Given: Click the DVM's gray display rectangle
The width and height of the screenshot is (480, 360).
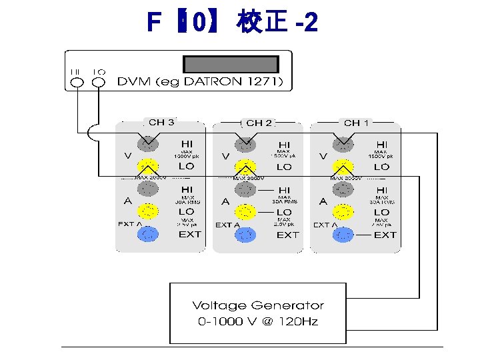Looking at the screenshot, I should (x=231, y=65).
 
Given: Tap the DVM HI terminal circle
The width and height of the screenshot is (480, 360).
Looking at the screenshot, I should (x=76, y=83).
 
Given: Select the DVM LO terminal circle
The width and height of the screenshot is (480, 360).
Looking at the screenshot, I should (x=99, y=83).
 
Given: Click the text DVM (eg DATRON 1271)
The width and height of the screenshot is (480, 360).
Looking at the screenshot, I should (x=201, y=83).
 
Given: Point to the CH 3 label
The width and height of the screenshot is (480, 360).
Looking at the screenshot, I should (x=161, y=122).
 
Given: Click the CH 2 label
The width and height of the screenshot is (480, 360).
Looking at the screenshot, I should (x=259, y=123).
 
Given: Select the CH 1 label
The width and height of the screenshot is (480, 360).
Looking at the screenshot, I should (x=357, y=123).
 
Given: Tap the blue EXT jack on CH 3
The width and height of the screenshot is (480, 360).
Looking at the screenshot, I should (x=147, y=234).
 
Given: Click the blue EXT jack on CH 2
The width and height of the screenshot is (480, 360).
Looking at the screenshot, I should (x=245, y=235).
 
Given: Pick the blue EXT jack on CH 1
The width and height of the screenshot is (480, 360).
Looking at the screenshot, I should (x=343, y=235).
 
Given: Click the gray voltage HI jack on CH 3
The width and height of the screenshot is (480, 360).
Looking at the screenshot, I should (x=147, y=143).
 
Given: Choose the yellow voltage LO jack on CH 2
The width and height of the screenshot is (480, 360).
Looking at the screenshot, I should (x=245, y=167).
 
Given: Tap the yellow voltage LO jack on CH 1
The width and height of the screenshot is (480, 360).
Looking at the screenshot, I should (x=343, y=167).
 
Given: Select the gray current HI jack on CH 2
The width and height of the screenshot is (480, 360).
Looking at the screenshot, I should (x=245, y=190).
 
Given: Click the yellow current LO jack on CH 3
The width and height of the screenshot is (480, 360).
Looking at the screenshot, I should (x=147, y=211).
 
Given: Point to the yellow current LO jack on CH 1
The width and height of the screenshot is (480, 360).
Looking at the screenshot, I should (x=343, y=212).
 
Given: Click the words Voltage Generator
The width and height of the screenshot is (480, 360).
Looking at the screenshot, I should (x=258, y=305).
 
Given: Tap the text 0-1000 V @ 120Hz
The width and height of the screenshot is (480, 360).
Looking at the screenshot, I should (x=258, y=321).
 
